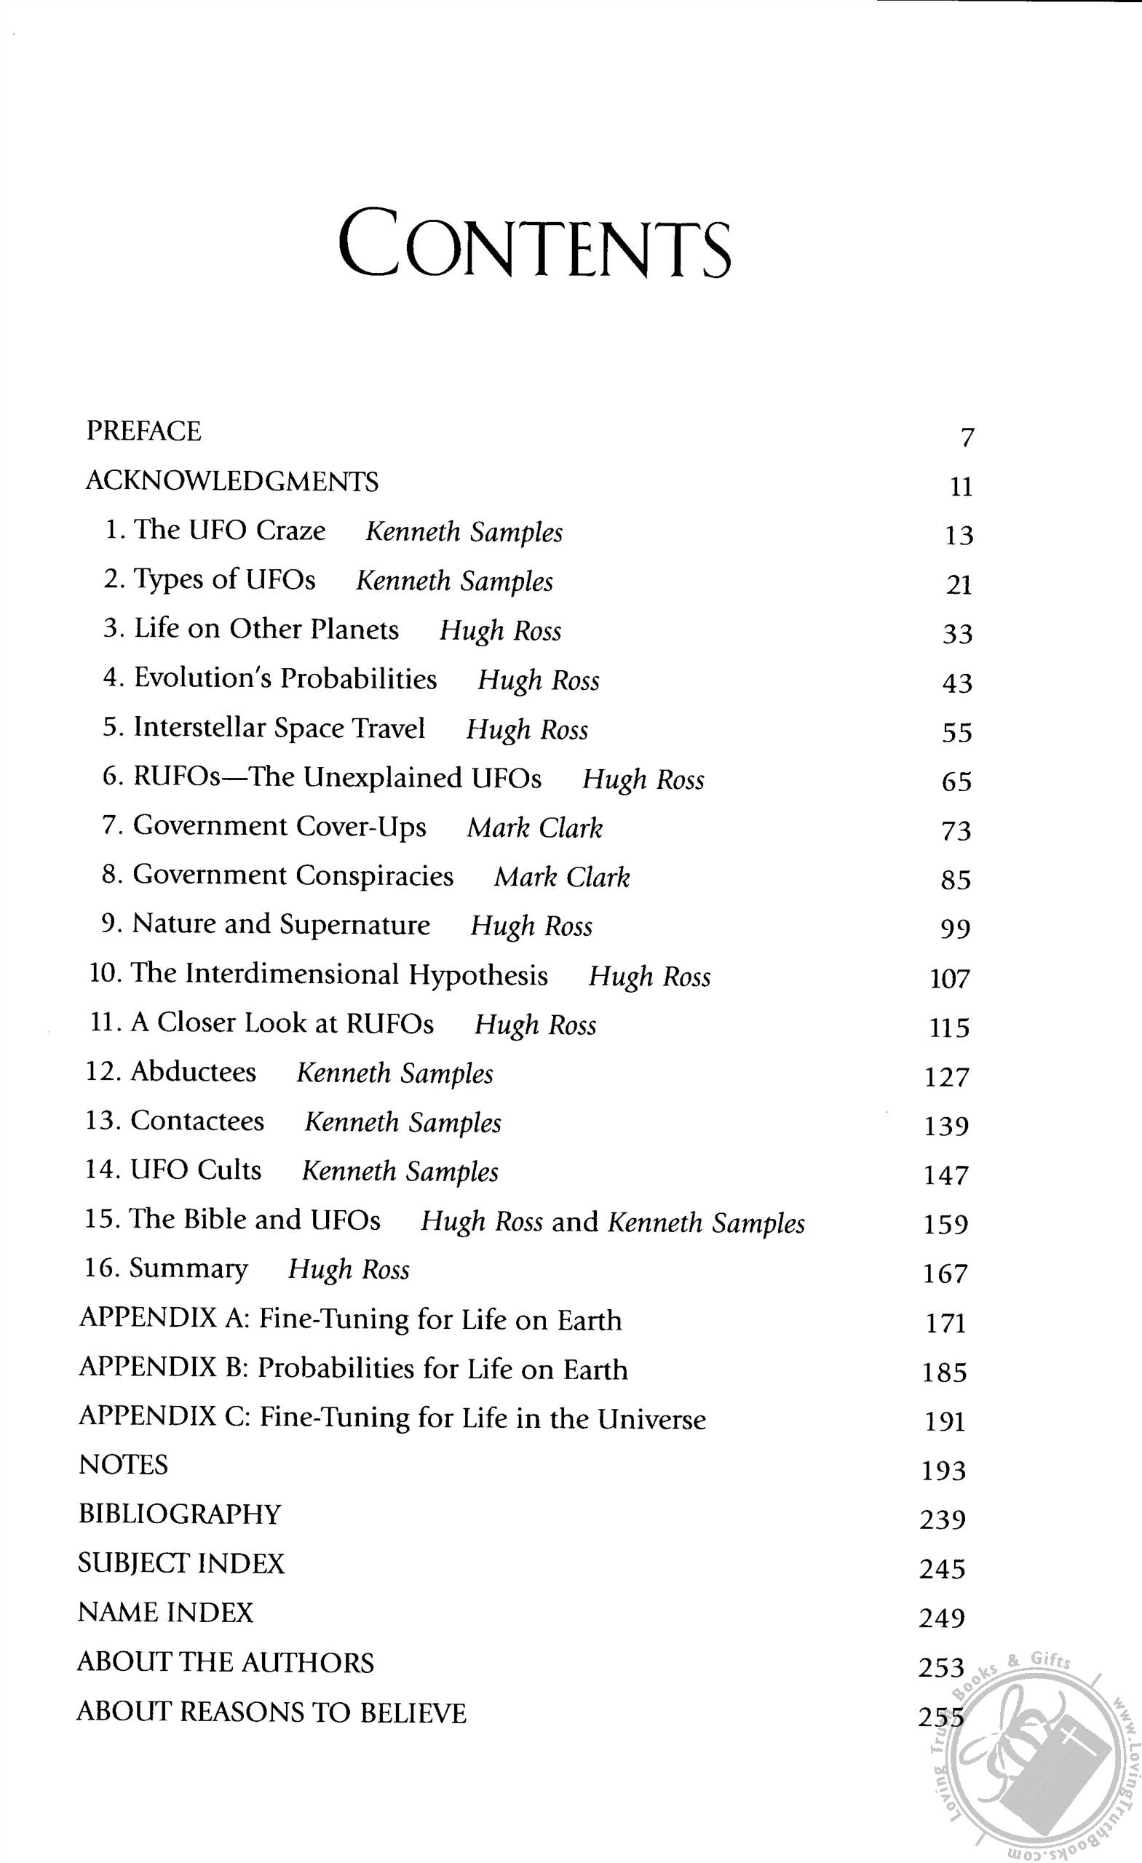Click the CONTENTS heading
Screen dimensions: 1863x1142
pyautogui.click(x=534, y=244)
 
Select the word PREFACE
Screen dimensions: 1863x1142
pyautogui.click(x=143, y=431)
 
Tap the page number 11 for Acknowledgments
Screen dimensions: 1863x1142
pyautogui.click(x=961, y=487)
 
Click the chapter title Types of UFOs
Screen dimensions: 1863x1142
pyautogui.click(x=225, y=580)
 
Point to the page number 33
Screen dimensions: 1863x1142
pyautogui.click(x=956, y=634)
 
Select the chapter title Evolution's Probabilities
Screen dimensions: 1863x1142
pyautogui.click(x=285, y=678)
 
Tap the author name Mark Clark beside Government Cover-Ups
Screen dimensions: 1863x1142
pyautogui.click(x=535, y=828)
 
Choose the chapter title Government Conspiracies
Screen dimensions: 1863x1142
pyautogui.click(x=293, y=875)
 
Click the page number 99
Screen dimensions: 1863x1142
pyautogui.click(x=955, y=929)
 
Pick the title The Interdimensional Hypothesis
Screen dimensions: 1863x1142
pyautogui.click(x=339, y=974)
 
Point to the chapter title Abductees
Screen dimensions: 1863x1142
pyautogui.click(x=193, y=1072)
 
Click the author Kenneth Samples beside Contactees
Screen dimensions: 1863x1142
pyautogui.click(x=403, y=1123)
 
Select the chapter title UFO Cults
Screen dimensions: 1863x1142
pyautogui.click(x=196, y=1170)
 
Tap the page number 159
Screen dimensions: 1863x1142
pyautogui.click(x=946, y=1225)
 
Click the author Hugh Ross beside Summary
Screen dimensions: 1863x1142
pyautogui.click(x=349, y=1269)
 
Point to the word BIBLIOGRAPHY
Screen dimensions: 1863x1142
pyautogui.click(x=180, y=1514)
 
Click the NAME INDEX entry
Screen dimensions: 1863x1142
pyautogui.click(x=166, y=1613)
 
